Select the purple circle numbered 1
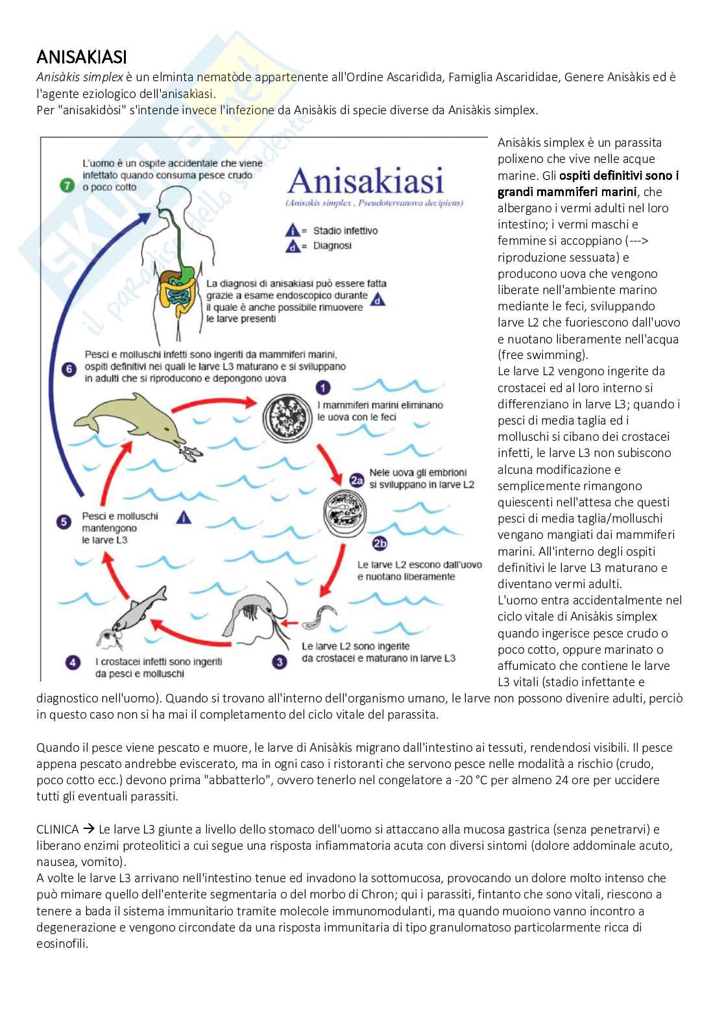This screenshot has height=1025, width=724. [322, 388]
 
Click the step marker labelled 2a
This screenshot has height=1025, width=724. [356, 480]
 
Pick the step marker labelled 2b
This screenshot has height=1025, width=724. [380, 544]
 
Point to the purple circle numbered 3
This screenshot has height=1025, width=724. [280, 662]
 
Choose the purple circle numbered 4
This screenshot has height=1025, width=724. [73, 663]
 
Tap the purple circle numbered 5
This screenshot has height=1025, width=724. [64, 521]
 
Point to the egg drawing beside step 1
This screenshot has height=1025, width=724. [287, 417]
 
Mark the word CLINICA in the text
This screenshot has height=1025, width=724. [57, 829]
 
